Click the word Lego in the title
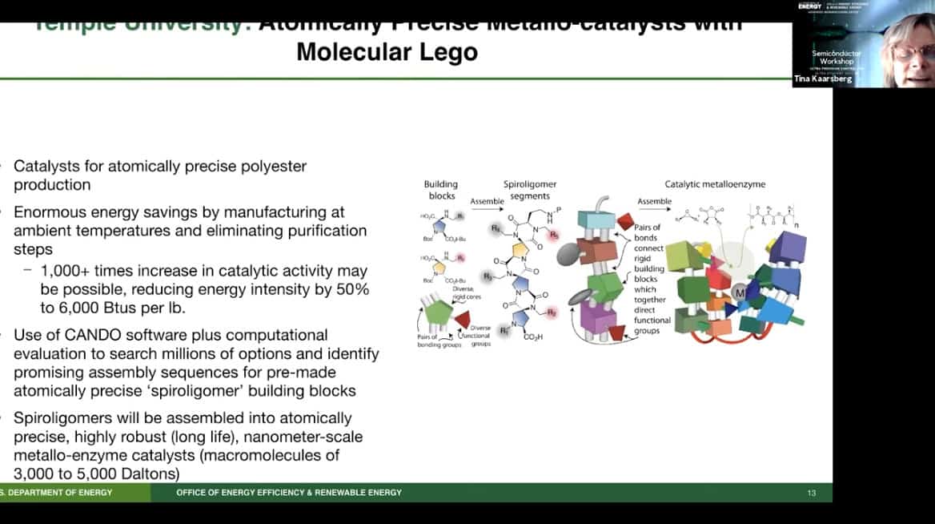point(447,52)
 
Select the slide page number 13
point(811,492)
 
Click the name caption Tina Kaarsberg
point(823,80)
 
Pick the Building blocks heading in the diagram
point(440,190)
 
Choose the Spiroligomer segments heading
point(529,190)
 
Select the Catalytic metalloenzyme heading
point(715,184)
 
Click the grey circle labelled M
point(739,294)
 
